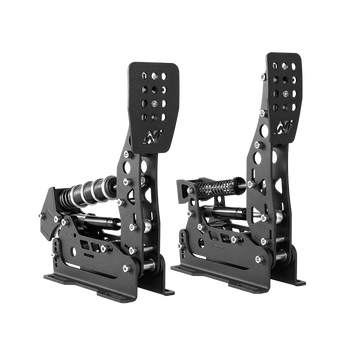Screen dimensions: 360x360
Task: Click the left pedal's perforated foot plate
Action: coord(142,100)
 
